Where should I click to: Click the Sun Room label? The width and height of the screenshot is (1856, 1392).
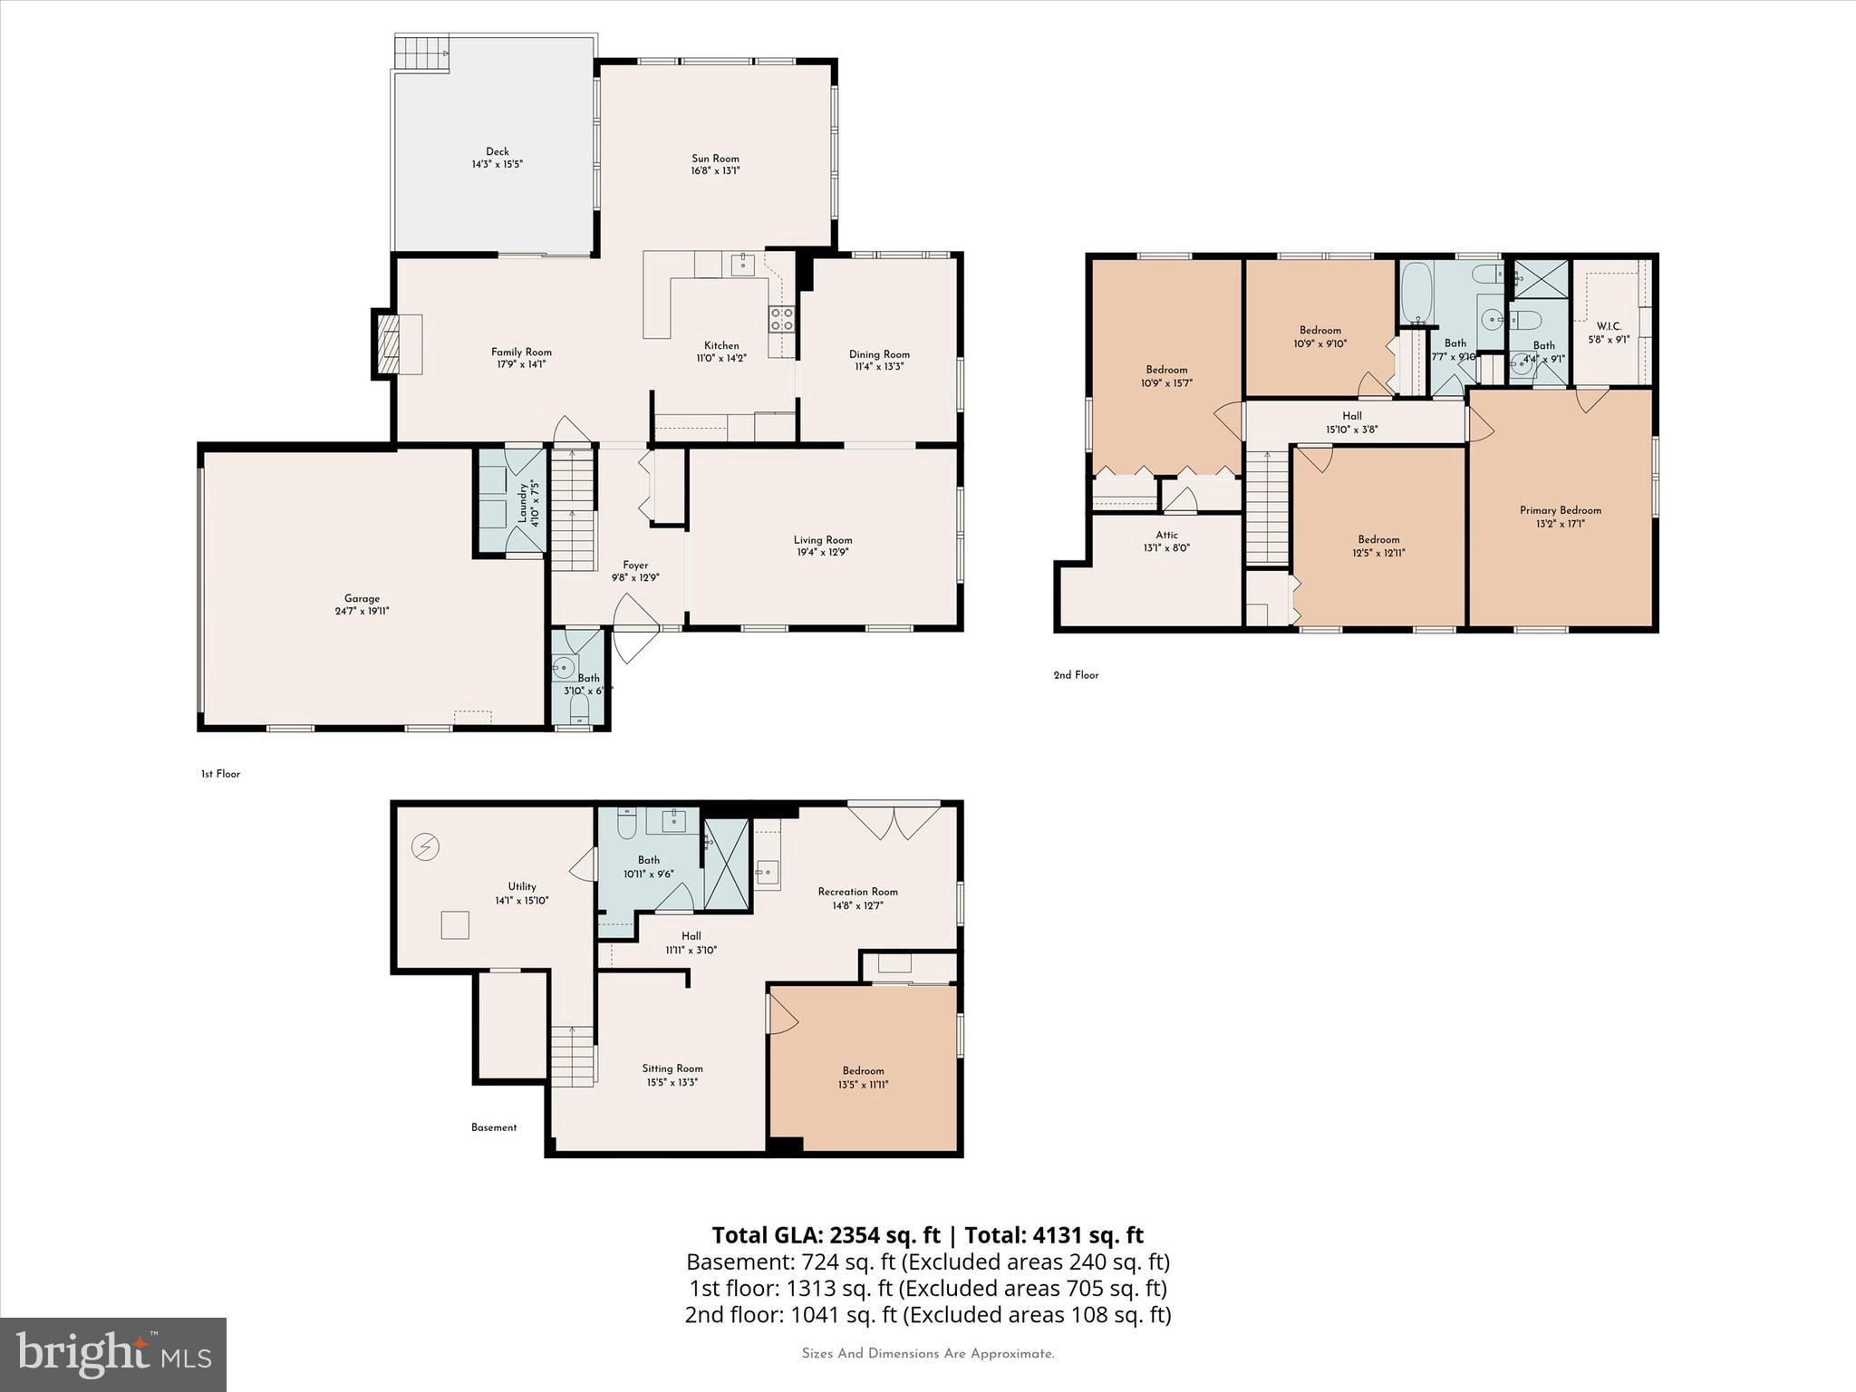pos(715,159)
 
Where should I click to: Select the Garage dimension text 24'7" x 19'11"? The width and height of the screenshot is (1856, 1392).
pos(362,612)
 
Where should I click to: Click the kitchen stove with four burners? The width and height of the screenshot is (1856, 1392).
pos(781,319)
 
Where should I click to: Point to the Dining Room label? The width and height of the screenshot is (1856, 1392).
pos(878,354)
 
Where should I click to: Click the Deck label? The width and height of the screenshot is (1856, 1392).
pos(497,152)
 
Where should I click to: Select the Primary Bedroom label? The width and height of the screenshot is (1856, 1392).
pos(1560,510)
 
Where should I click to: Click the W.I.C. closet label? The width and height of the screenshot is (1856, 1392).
pos(1609,326)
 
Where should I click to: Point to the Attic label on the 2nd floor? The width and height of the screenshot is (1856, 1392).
pos(1166,536)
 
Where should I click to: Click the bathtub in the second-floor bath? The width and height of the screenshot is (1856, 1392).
pos(1415,293)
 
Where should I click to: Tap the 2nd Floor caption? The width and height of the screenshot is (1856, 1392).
pos(1076,675)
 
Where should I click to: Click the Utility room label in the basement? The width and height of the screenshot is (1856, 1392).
pos(522,886)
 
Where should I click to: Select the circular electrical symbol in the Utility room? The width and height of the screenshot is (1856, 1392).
pos(425,847)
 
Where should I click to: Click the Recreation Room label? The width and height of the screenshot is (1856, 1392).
pos(857,892)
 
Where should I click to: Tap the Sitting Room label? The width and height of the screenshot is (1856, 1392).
pos(672,1068)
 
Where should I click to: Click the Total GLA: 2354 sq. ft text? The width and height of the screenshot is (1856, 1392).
pos(826,1235)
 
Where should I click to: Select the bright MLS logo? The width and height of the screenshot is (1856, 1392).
pos(113,1354)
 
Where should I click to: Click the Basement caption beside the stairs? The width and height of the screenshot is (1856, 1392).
pos(494,1127)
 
